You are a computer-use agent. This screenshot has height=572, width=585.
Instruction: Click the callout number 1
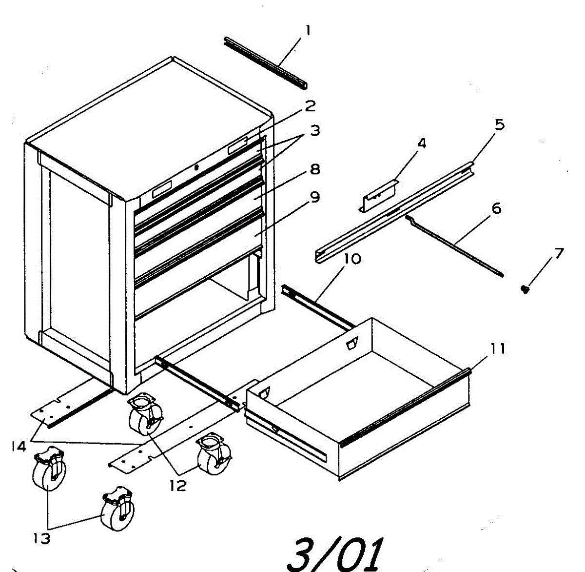coord(308,31)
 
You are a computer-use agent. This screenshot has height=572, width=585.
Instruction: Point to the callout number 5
coord(499,124)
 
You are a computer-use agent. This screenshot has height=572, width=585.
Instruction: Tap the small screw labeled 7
coord(525,290)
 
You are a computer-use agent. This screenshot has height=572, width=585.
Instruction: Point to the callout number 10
coord(352,259)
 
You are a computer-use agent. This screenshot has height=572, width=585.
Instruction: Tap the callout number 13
coord(41,538)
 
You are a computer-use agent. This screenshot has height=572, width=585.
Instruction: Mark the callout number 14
coord(19,446)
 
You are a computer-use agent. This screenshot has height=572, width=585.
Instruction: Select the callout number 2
coord(310,106)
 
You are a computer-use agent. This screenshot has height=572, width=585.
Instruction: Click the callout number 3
coord(315,130)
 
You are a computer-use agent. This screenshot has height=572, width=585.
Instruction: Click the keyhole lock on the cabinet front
coord(196,167)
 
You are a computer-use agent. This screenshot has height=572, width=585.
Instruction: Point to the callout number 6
coord(496,208)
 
